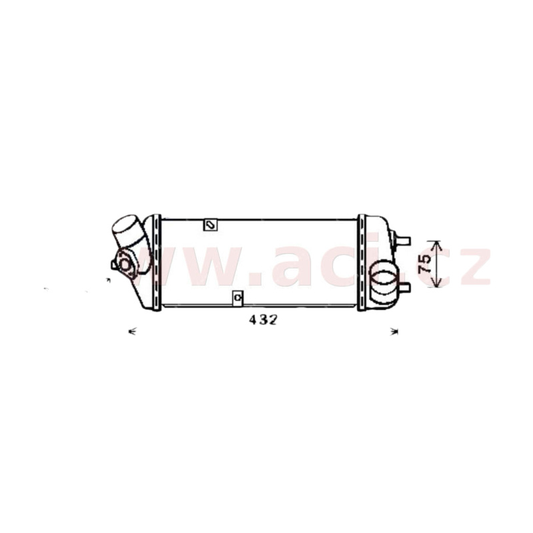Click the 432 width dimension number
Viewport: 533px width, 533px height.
click(x=263, y=320)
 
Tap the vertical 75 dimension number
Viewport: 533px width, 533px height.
click(x=425, y=264)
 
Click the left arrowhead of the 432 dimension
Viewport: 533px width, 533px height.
click(x=132, y=331)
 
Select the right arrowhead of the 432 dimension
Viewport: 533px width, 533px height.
click(x=394, y=331)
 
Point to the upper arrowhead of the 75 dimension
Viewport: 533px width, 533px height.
click(x=436, y=245)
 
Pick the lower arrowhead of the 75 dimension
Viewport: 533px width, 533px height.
click(x=436, y=282)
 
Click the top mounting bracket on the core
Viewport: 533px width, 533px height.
click(x=211, y=225)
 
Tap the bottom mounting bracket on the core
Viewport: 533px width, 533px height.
click(x=238, y=298)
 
